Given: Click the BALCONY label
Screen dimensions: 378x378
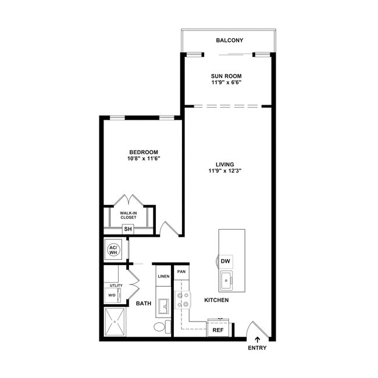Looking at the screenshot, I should (x=229, y=40).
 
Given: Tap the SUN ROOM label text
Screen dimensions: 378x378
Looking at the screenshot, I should (x=226, y=76).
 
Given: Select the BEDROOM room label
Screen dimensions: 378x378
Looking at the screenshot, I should (x=144, y=152).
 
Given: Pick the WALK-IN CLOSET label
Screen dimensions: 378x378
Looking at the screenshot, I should (x=129, y=215).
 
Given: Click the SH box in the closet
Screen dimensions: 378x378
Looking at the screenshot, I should (x=128, y=229).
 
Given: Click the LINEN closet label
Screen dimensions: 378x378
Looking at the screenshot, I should (x=163, y=276).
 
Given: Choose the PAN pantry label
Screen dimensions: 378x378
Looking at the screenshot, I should (x=181, y=272).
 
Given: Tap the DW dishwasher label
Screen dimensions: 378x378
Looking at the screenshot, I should (x=226, y=261).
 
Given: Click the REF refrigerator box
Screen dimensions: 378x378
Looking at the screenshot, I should (x=218, y=329).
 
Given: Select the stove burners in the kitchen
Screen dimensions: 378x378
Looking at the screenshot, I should (x=183, y=300).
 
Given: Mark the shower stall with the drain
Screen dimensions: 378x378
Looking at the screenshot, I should (x=115, y=322).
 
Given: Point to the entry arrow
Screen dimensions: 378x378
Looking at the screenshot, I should (x=257, y=338).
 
